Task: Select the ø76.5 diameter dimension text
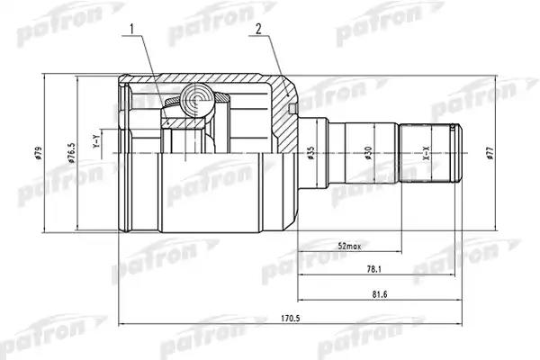72,153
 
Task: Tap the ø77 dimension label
490,153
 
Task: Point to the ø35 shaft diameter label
310,153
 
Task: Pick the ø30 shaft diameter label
368,153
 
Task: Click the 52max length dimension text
349,247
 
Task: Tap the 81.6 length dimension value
380,294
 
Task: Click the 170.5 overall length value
290,319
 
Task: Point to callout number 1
131,30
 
